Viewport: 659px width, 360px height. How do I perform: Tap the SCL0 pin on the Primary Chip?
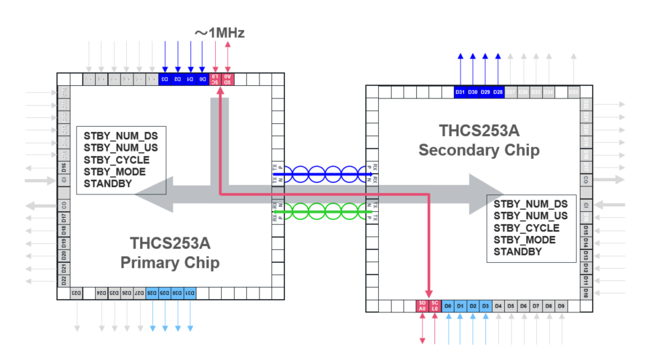tap(215, 78)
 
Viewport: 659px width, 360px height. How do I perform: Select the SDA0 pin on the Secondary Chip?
tap(422, 306)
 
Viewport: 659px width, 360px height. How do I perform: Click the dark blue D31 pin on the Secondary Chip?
tap(460, 92)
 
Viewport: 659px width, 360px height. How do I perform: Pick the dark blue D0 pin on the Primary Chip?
tap(202, 78)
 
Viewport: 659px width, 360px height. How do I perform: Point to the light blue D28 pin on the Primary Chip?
tap(153, 293)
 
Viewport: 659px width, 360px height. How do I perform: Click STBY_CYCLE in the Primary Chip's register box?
tap(117, 160)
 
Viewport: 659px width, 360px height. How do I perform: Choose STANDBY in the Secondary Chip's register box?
tap(518, 252)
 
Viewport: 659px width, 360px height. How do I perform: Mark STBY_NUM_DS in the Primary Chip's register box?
tap(121, 135)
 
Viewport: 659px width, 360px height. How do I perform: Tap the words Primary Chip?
tap(170, 262)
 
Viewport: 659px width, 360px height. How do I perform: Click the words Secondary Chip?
tap(479, 149)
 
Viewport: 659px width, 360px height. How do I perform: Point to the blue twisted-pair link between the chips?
tap(322, 174)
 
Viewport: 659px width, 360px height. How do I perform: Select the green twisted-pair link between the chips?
tap(322, 213)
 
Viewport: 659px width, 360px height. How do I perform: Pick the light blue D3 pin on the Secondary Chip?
tap(485, 306)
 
